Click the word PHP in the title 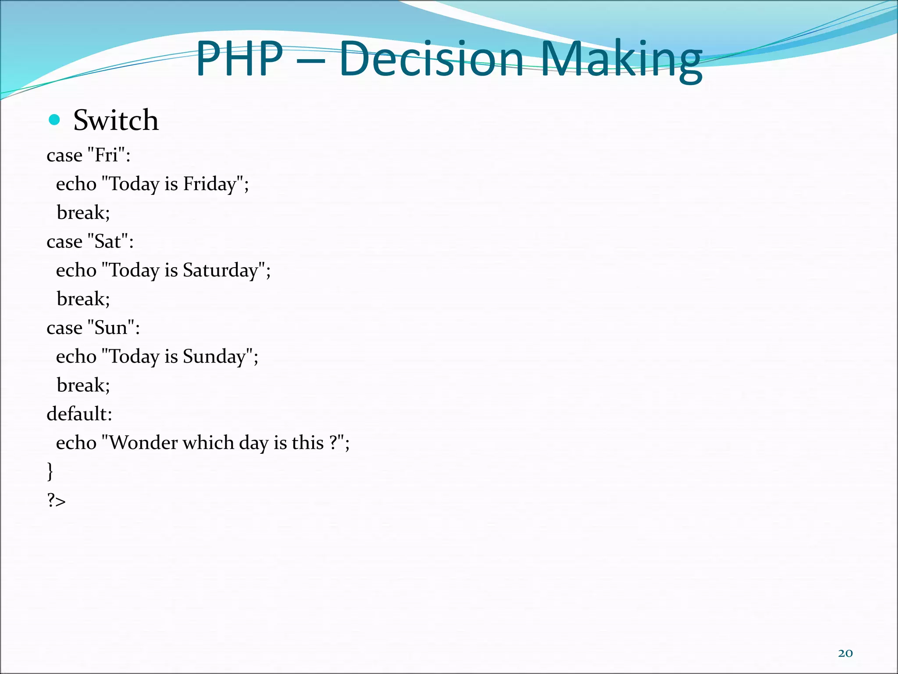tap(239, 59)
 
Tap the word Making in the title tap(621, 60)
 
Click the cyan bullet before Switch tap(54, 120)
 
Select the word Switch tap(116, 120)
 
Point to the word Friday tap(210, 184)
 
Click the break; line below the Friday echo tap(83, 213)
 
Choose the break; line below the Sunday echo tap(83, 385)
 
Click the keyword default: tap(79, 414)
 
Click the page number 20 tap(845, 653)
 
